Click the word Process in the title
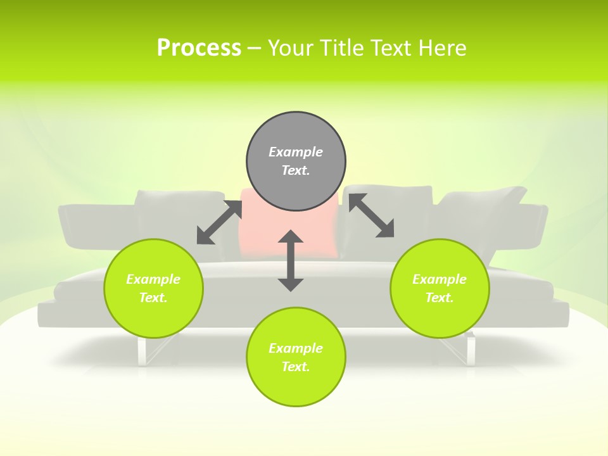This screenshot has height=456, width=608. [x=199, y=48]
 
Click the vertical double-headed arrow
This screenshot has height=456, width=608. [x=291, y=260]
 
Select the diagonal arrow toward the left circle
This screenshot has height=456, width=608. [x=219, y=222]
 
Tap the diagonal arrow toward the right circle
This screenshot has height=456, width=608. [x=372, y=215]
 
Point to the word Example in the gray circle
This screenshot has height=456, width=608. [x=296, y=152]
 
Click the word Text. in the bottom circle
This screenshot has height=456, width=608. [x=296, y=367]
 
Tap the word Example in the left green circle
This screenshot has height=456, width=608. [x=153, y=279]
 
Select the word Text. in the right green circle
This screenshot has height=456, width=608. [x=440, y=298]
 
